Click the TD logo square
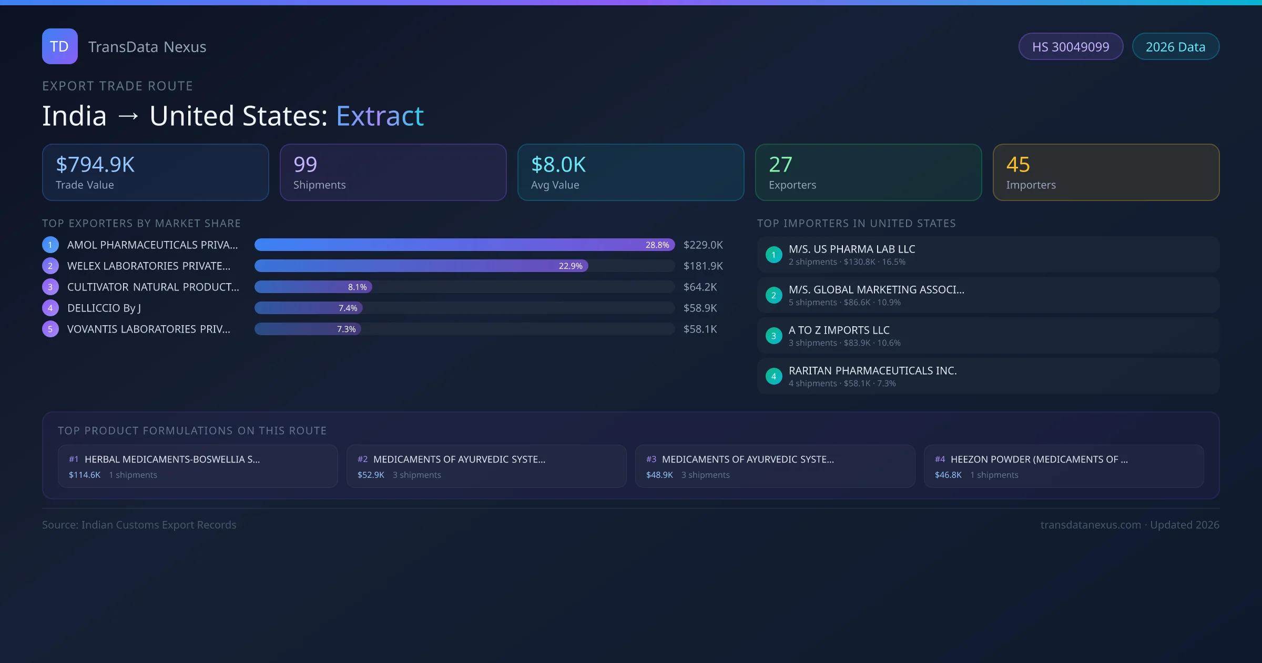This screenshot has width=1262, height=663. [x=59, y=46]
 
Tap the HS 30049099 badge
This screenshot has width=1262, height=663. [x=1071, y=47]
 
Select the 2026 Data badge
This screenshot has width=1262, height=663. [x=1175, y=47]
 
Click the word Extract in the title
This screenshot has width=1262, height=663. [x=380, y=116]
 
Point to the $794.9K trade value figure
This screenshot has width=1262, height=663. [x=95, y=165]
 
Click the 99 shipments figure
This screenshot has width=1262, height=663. [x=305, y=165]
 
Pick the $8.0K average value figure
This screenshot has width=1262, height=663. [x=558, y=165]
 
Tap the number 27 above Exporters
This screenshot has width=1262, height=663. [x=780, y=165]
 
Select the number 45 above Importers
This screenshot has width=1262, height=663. [x=1018, y=165]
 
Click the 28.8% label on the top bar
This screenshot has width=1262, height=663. [x=657, y=245]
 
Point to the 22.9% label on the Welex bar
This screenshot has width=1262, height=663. [x=571, y=266]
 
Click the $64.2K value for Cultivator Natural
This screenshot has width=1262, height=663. [x=700, y=287]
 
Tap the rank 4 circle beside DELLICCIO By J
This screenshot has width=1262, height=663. [x=50, y=308]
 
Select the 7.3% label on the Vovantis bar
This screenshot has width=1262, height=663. [x=347, y=329]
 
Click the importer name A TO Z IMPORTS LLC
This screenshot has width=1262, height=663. [x=839, y=330]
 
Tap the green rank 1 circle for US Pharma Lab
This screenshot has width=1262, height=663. [x=774, y=255]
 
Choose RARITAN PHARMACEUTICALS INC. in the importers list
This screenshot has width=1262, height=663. [x=872, y=370]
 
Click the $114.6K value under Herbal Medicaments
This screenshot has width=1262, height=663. [x=85, y=475]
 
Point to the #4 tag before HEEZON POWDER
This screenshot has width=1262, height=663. [x=940, y=459]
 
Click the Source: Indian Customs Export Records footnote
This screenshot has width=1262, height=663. [x=139, y=525]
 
